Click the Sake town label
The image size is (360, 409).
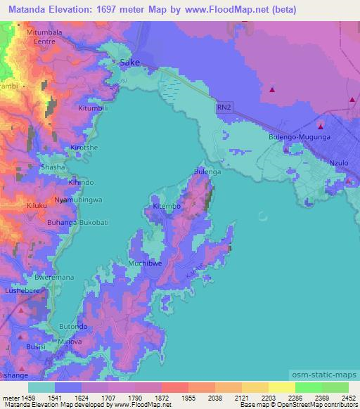131,63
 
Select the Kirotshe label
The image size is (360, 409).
84,148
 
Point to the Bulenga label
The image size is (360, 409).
207,171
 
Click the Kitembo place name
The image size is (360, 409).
167,207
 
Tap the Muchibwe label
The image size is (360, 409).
146,264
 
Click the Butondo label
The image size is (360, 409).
72,327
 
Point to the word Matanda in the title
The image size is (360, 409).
29,10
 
